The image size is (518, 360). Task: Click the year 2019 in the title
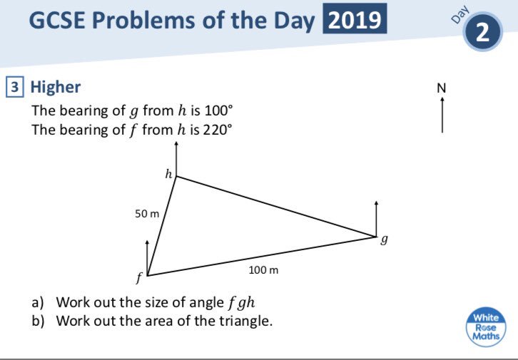(355, 21)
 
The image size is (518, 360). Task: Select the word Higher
(55, 87)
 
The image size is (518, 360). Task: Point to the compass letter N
(441, 88)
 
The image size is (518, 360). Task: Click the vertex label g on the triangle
(384, 242)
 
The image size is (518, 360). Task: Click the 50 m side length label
(146, 214)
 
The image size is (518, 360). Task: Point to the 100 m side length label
(263, 270)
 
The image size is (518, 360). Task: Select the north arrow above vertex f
(148, 257)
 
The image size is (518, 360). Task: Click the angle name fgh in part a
(241, 302)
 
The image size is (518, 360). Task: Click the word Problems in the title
(136, 21)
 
